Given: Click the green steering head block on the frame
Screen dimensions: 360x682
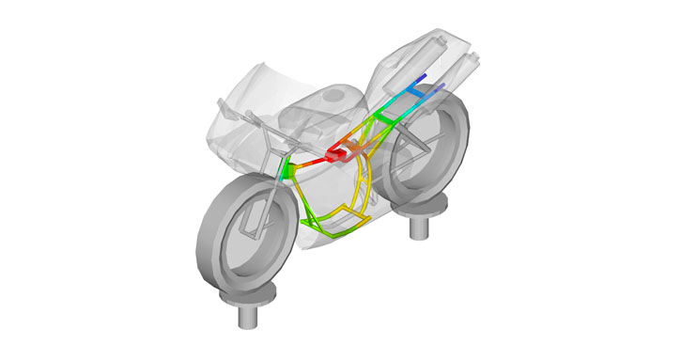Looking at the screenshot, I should pos(288,170).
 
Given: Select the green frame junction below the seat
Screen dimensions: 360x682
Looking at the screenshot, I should pos(382,117).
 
